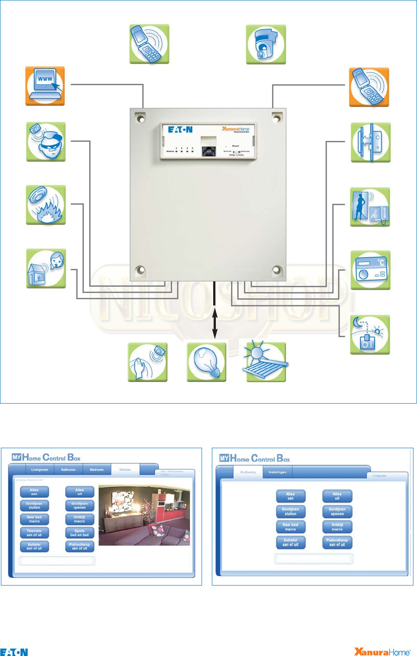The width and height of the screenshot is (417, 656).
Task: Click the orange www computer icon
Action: point(45,86)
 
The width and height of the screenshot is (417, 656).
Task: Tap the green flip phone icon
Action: point(149,44)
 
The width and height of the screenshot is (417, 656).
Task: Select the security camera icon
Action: point(266,45)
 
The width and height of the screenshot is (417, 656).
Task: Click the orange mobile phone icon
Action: point(369,87)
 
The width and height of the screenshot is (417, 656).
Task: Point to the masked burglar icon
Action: point(46,141)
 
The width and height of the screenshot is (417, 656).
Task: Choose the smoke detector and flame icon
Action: point(46,205)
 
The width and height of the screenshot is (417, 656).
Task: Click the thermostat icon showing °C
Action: point(370,270)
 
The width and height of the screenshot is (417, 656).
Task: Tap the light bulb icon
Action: point(206,362)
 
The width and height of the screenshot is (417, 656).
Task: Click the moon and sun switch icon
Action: point(370,334)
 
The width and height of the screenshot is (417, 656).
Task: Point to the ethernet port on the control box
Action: point(208,151)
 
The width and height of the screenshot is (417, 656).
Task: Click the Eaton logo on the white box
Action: point(180,130)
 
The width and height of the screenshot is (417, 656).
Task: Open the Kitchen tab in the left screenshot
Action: point(125,470)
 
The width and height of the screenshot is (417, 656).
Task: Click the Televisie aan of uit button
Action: point(34,533)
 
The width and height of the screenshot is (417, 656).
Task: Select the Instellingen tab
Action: point(277,472)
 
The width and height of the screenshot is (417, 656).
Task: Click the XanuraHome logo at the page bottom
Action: point(382,652)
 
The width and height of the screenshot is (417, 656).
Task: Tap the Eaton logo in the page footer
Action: point(14,652)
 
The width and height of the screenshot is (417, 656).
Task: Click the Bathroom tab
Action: point(68,470)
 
